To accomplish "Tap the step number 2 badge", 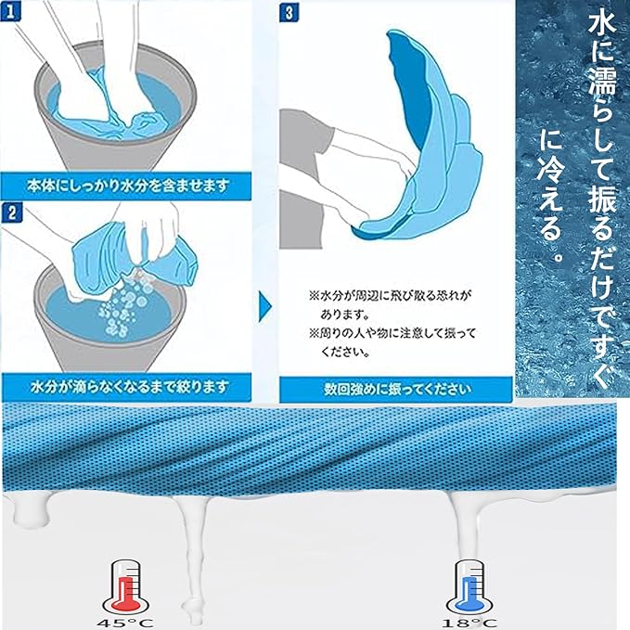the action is pyautogui.click(x=12, y=212).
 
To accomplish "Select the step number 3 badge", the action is pyautogui.click(x=289, y=12).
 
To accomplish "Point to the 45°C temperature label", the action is pyautogui.click(x=125, y=624).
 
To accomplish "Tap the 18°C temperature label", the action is pyautogui.click(x=469, y=624).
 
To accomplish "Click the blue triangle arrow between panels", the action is pyautogui.click(x=264, y=307).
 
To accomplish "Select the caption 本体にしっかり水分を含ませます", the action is pyautogui.click(x=128, y=186).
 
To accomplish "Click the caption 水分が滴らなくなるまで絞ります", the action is pyautogui.click(x=129, y=387).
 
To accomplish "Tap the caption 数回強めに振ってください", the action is pyautogui.click(x=397, y=390).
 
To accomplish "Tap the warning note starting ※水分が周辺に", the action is pyautogui.click(x=389, y=304).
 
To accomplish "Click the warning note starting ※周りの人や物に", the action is pyautogui.click(x=392, y=342).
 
